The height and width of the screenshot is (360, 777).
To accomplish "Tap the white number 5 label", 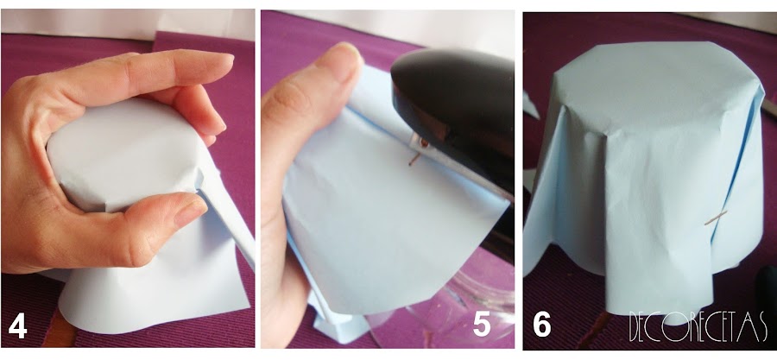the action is (482, 325).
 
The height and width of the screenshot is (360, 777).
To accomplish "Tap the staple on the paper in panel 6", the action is (716, 218).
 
